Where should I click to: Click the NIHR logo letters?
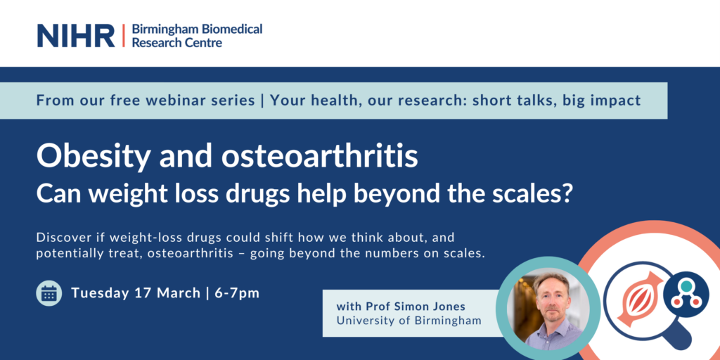pyautogui.click(x=76, y=35)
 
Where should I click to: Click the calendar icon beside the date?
pyautogui.click(x=49, y=293)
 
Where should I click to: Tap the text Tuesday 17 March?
pyautogui.click(x=136, y=293)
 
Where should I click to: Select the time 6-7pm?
pyautogui.click(x=237, y=293)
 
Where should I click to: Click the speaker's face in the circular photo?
pyautogui.click(x=550, y=297)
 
